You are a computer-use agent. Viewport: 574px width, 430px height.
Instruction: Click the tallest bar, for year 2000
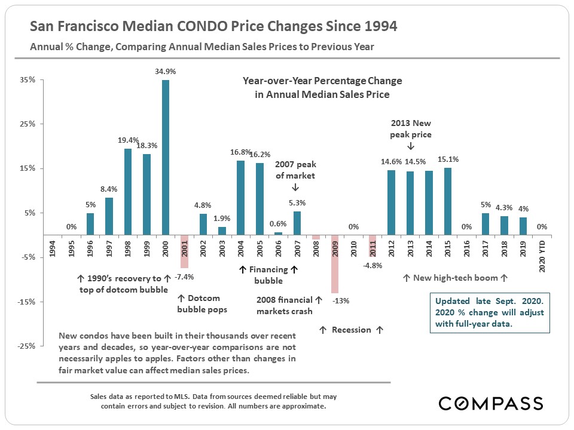click(166, 158)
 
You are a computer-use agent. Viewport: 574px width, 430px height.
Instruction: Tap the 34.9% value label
click(165, 71)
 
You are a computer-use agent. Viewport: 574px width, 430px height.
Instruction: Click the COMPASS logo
click(490, 403)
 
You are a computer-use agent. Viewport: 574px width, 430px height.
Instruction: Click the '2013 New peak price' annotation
click(411, 129)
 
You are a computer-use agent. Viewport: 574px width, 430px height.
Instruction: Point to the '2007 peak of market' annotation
click(295, 170)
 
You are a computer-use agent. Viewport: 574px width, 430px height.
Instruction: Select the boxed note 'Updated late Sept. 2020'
click(489, 312)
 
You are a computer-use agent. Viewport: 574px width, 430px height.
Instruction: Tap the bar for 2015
click(447, 201)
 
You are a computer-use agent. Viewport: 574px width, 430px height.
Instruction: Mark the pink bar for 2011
click(372, 245)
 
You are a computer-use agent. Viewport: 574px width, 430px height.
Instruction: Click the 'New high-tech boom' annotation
click(455, 278)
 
